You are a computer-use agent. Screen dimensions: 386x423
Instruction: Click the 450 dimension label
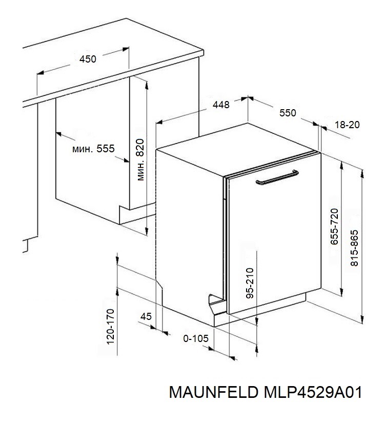point(88,59)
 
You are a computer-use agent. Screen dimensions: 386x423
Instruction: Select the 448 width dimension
point(221,105)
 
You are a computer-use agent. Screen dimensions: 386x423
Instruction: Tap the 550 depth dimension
point(288,113)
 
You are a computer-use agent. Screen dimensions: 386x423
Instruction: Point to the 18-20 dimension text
point(347,125)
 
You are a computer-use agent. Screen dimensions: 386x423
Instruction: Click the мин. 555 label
point(93,149)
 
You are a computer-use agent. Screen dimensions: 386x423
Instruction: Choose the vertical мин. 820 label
point(140,159)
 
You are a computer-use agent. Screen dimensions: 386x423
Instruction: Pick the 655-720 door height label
point(334,227)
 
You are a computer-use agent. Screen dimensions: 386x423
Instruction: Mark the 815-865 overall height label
point(354,248)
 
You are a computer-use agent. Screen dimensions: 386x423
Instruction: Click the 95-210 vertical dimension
point(250,283)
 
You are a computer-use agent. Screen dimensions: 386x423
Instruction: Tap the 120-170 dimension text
point(111,327)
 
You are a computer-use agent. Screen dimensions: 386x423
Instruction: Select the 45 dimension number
point(146,316)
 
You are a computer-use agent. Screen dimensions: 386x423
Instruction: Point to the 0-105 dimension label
point(196,338)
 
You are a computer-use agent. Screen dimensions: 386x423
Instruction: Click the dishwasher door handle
point(277,177)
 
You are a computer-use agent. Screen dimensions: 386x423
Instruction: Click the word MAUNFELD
point(214,392)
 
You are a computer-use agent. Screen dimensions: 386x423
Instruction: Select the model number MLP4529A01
point(313,392)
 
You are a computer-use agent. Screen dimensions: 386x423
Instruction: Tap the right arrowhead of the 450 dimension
point(126,49)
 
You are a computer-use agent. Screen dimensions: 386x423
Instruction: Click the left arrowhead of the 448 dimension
point(159,122)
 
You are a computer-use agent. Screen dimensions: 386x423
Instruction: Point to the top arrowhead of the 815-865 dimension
point(362,173)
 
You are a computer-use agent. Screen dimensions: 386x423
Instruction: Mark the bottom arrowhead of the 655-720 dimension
point(341,292)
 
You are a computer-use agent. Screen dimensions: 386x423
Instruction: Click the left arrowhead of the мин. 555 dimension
point(59,134)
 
